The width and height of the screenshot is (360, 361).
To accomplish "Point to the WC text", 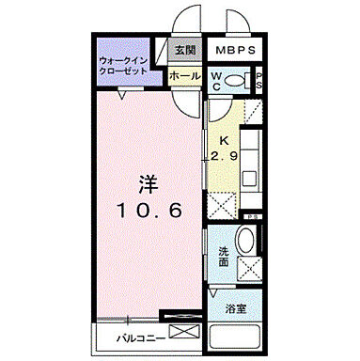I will [216, 81].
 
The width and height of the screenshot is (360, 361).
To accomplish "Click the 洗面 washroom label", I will [224, 255].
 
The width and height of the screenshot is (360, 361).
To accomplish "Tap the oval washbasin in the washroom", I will [245, 242].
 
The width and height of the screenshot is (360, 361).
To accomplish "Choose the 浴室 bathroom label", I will [235, 307].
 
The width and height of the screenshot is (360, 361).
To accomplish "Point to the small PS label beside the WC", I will [259, 81].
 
